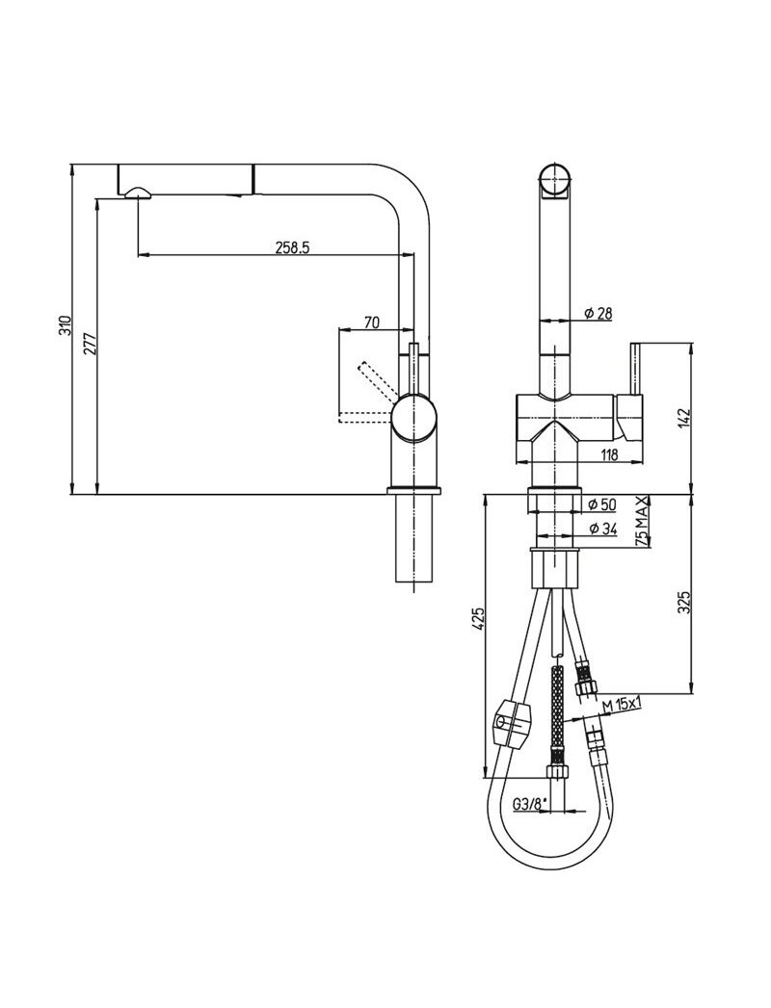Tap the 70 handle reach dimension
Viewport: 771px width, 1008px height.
pos(371,323)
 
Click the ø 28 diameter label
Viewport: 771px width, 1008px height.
pos(599,313)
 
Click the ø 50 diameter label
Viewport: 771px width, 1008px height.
pos(603,504)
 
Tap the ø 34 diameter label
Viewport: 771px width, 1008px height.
pos(603,529)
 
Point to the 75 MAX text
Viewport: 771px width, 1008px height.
pos(642,522)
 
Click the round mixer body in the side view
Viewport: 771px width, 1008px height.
pos(415,418)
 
